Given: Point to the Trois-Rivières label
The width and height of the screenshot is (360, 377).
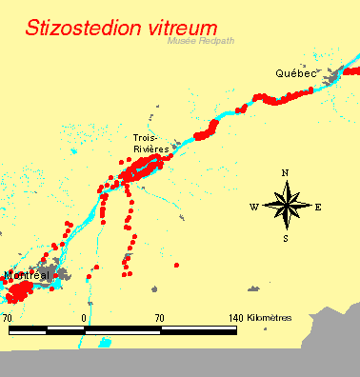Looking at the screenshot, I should pyautogui.click(x=150, y=144).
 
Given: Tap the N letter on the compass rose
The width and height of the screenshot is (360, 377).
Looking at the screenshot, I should pyautogui.click(x=285, y=172).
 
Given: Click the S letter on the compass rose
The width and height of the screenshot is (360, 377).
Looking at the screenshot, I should pyautogui.click(x=285, y=238).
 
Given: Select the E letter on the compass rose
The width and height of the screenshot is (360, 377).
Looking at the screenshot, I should pyautogui.click(x=317, y=207).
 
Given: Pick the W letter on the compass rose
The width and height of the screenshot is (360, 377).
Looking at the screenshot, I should pyautogui.click(x=253, y=207).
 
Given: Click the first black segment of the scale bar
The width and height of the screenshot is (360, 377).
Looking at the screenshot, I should pyautogui.click(x=28, y=329).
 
